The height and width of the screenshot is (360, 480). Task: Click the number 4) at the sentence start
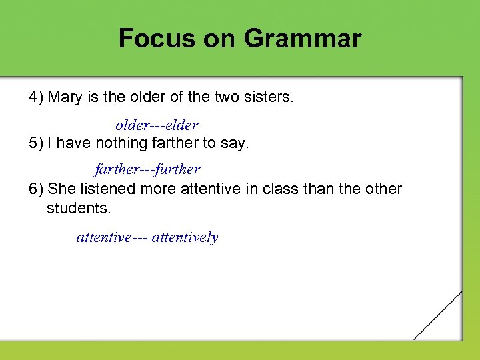point(36,97)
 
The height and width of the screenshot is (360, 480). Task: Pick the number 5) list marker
point(36,143)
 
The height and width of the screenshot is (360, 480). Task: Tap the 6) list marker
point(36,189)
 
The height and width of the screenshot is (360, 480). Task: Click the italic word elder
point(182,125)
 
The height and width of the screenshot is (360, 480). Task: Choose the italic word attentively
point(185,237)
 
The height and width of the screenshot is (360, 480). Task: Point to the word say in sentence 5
point(236,143)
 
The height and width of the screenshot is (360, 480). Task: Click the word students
point(79,208)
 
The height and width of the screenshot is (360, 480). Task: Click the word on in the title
point(215,39)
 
